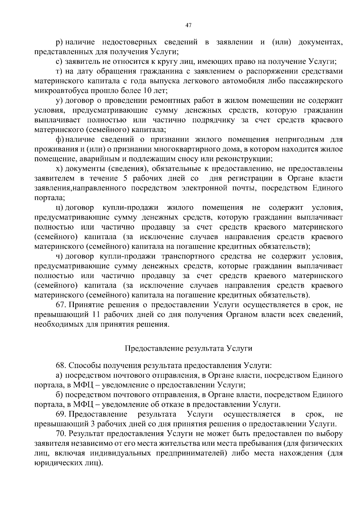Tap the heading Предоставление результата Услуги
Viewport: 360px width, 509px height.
click(188, 349)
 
